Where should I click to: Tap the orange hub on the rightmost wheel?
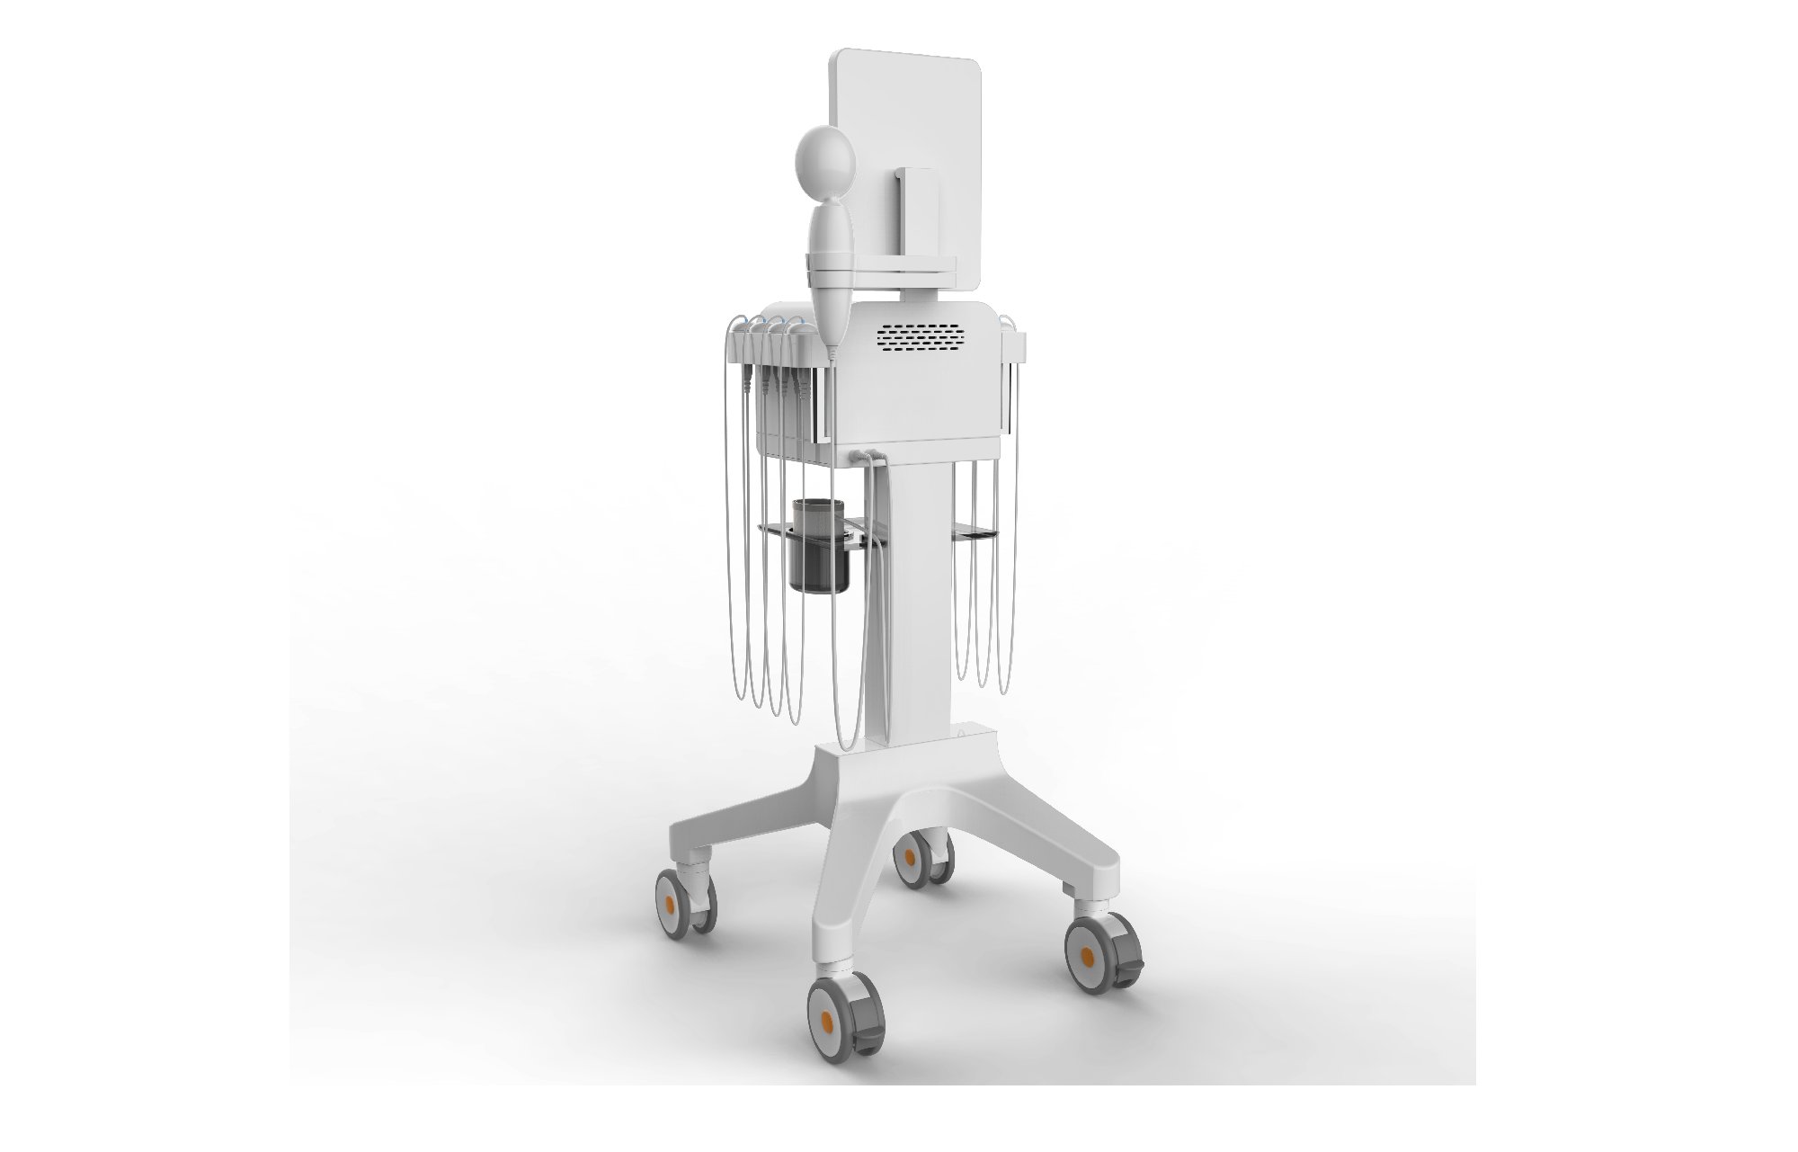pos(1087,953)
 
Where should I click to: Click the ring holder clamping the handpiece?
pos(828,262)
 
